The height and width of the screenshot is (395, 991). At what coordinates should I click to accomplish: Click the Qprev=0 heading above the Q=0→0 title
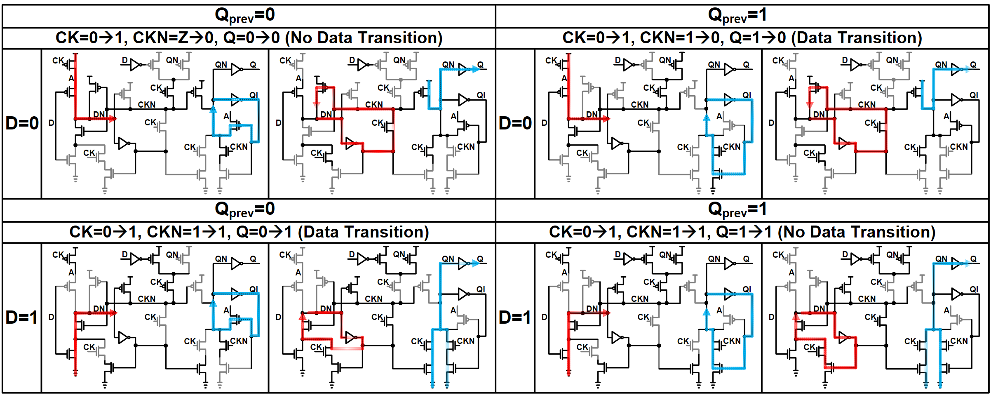pos(245,16)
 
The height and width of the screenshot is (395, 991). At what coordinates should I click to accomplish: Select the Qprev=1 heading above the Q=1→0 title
pos(737,16)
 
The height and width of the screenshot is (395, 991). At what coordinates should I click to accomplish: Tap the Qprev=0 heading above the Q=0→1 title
pos(245,210)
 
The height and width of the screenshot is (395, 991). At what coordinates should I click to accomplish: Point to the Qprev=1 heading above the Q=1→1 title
pos(737,210)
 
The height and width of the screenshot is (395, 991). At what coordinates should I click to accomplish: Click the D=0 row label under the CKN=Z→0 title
pos(22,123)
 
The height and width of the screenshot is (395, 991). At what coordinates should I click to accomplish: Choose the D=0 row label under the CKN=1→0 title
pos(515,123)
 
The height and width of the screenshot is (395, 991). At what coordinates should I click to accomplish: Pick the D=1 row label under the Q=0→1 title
pos(22,317)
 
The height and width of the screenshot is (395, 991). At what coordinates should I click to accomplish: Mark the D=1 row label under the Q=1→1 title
pos(515,317)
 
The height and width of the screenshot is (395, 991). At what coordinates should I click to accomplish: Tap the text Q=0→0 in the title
pos(251,38)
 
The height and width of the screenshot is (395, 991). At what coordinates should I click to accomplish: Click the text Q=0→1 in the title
pos(264,232)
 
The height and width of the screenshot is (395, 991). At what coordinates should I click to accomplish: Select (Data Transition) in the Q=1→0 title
pos(859,38)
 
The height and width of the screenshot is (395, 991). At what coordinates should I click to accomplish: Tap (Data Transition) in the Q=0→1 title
pos(363,232)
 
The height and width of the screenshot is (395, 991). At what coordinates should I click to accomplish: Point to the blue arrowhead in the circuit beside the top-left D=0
pos(213,110)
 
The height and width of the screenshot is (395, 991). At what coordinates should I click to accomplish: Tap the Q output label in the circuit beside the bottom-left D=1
pos(253,259)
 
